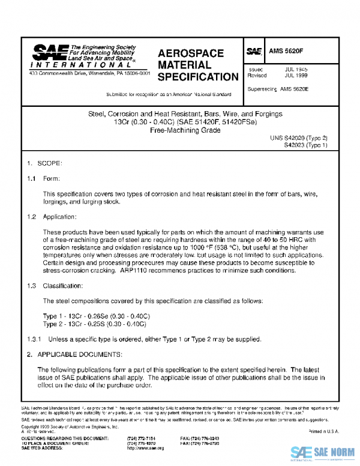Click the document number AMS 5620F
coord(285,52)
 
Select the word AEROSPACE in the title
coord(190,53)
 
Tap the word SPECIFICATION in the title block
coord(197,77)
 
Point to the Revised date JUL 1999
coord(296,76)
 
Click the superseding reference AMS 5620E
coord(295,88)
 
